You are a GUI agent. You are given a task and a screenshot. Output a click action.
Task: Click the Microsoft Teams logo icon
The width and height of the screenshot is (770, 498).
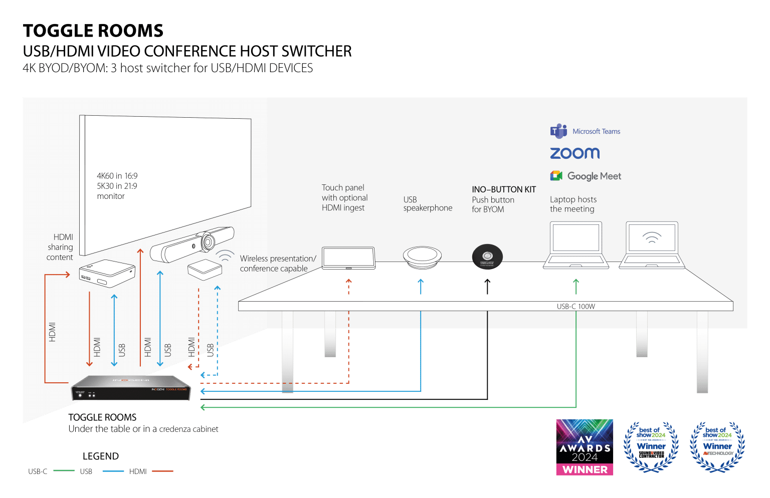point(558,131)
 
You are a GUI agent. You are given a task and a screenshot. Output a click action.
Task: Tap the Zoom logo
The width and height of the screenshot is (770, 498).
point(574,153)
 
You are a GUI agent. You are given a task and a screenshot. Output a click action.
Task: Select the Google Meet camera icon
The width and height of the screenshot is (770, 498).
point(556,176)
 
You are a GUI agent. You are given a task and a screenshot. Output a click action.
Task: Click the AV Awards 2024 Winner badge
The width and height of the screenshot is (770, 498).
point(585,447)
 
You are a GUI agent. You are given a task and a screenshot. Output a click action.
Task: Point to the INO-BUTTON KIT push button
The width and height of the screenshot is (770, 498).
point(487,257)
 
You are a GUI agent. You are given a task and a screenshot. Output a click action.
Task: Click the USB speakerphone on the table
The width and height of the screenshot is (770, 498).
point(422,257)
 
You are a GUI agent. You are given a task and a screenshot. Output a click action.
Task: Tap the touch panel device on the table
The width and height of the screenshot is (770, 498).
point(348,258)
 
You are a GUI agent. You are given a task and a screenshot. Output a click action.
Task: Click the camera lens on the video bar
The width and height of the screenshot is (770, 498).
point(208,242)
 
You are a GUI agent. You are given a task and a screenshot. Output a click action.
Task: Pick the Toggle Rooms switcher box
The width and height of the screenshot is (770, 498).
point(131,388)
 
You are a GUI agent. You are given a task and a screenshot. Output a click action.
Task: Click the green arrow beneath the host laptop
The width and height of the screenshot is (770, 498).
point(576,286)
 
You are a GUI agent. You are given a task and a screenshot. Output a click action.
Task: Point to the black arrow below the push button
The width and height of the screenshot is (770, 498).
point(487,286)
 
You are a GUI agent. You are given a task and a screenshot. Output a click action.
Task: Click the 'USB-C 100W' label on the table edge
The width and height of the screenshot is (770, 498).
point(575,306)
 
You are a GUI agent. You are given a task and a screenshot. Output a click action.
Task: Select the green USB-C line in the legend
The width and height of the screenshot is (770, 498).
point(63,471)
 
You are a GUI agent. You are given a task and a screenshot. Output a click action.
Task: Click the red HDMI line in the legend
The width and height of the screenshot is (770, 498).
point(162,471)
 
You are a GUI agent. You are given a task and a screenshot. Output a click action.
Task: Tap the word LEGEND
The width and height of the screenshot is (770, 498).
point(101,456)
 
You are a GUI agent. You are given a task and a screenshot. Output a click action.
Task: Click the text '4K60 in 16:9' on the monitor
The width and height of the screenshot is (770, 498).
point(117,176)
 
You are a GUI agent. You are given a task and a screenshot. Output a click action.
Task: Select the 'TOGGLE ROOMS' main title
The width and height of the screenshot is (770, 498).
point(93,31)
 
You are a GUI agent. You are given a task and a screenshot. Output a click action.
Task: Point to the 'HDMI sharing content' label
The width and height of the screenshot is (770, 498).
point(61,247)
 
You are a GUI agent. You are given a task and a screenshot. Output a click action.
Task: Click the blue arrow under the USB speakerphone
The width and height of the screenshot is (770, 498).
point(421,286)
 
